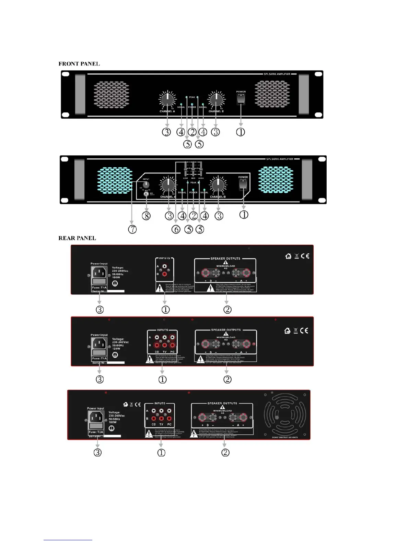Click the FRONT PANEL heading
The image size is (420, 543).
pyautogui.click(x=79, y=64)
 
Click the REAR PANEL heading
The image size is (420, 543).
pyautogui.click(x=77, y=238)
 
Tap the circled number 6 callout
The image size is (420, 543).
pyautogui.click(x=176, y=229)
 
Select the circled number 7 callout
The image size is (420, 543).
pyautogui.click(x=132, y=229)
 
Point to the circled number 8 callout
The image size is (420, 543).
pyautogui.click(x=146, y=216)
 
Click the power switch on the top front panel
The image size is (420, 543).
pyautogui.click(x=241, y=99)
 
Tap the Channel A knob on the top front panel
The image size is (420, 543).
pyautogui.click(x=167, y=99)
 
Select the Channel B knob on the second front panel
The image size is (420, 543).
pyautogui.click(x=218, y=185)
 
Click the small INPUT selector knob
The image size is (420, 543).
pyautogui.click(x=146, y=184)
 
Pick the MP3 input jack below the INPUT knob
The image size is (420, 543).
pyautogui.click(x=147, y=194)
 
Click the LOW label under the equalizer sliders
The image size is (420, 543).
pyautogui.click(x=185, y=178)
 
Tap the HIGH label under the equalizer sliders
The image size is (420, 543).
pyautogui.click(x=201, y=178)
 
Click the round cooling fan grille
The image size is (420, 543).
pyautogui.click(x=284, y=414)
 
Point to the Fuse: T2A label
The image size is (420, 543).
pyautogui.click(x=96, y=432)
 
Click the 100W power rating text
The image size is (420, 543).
pyautogui.click(x=116, y=277)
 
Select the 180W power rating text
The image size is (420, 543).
pyautogui.click(x=113, y=422)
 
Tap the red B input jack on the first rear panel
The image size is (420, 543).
pyautogui.click(x=165, y=274)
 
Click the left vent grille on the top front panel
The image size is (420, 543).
pyautogui.click(x=112, y=95)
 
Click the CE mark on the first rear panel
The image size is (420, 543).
pyautogui.click(x=305, y=256)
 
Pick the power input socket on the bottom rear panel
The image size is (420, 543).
pyautogui.click(x=96, y=418)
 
